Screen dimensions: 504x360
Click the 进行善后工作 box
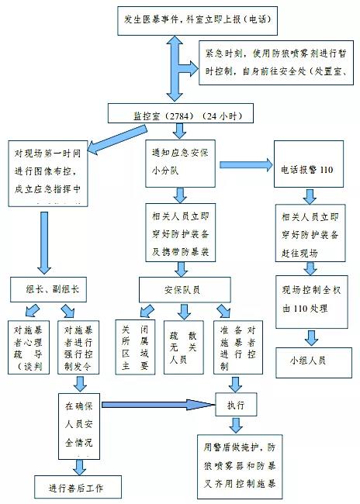pyautogui.click(x=75, y=488)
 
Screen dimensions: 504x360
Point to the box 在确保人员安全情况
pyautogui.click(x=80, y=425)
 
